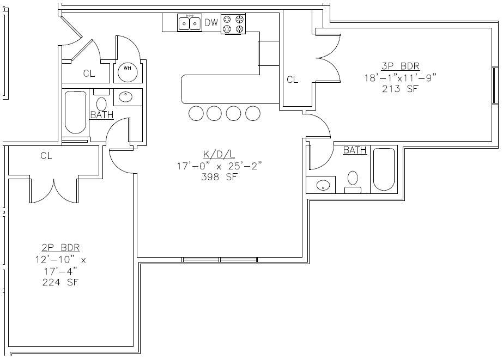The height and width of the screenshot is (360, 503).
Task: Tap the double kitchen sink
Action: (189, 23)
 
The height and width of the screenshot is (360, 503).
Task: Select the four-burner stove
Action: (233, 23)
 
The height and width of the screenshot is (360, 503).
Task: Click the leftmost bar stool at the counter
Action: (196, 113)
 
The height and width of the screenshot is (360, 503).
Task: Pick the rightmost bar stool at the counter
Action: (252, 113)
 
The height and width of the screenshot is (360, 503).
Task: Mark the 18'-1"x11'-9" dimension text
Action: (401, 78)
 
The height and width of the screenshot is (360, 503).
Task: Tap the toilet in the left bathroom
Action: (101, 104)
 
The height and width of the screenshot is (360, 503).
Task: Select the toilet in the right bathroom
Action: (353, 178)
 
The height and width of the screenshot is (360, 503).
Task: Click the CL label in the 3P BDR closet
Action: (293, 80)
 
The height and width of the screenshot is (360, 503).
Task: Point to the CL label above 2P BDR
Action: (46, 156)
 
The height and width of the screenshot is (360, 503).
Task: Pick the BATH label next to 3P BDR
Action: (355, 150)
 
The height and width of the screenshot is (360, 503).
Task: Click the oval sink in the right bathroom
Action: (324, 186)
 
